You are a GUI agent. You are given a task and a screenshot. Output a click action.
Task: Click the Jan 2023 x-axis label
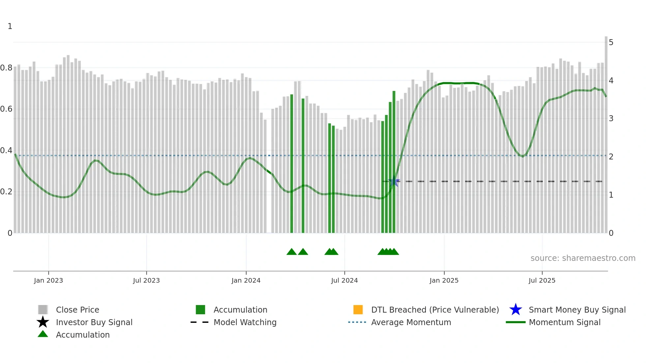(48, 280)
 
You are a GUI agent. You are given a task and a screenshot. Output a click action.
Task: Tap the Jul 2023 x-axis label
(146, 280)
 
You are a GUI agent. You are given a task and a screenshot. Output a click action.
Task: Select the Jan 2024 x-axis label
(246, 280)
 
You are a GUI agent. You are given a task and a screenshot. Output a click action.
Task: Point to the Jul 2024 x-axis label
(344, 280)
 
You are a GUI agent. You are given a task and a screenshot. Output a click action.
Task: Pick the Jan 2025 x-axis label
(444, 280)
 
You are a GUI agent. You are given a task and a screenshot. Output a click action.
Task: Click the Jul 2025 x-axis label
(542, 280)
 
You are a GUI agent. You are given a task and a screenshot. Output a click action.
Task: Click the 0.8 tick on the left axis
(6, 68)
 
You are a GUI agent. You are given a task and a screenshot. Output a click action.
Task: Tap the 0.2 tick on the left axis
(6, 192)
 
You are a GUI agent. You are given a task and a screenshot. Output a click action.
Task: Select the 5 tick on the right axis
(611, 42)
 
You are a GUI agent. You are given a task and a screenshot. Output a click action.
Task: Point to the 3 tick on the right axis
(611, 119)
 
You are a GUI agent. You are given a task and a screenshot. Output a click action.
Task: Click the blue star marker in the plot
(394, 181)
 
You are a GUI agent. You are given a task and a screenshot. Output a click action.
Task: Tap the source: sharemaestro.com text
(583, 258)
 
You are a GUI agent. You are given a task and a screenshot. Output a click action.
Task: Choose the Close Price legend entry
(77, 310)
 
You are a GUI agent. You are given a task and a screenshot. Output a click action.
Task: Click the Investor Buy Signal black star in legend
(43, 322)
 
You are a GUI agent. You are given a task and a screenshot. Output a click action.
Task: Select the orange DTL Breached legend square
(358, 310)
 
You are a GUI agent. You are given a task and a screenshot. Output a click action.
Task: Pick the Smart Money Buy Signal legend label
(577, 310)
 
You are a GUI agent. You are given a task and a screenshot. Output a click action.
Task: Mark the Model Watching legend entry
(245, 322)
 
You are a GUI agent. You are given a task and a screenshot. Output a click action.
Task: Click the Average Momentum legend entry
(411, 322)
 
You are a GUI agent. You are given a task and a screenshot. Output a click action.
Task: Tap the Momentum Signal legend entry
(565, 322)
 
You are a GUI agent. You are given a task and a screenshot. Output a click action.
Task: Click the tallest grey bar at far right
(606, 132)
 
